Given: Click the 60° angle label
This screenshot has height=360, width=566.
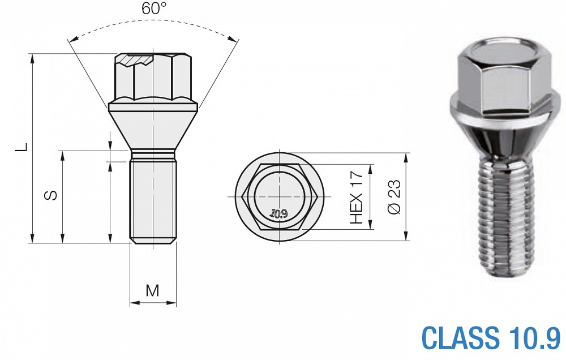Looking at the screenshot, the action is click(154, 8).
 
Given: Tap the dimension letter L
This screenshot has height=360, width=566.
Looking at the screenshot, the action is click(23, 147).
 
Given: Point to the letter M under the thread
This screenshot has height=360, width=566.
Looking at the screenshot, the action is click(152, 290).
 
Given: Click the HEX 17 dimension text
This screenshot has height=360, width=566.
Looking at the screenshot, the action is click(356, 197).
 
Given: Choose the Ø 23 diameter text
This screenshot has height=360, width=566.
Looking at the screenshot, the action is click(394, 196).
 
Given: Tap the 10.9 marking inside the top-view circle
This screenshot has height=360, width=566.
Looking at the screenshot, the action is click(278, 214).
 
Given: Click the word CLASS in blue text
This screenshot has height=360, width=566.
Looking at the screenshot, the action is click(460, 338).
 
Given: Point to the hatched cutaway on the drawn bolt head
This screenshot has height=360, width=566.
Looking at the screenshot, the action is click(136, 60).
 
